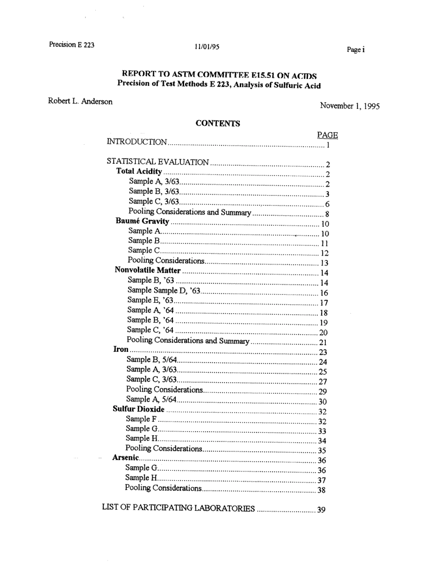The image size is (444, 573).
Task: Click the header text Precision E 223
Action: click(72, 45)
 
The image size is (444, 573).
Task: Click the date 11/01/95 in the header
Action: click(207, 47)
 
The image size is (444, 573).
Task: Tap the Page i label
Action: click(355, 49)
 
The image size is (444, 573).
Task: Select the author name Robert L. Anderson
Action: click(80, 101)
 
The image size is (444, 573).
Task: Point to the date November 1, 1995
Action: click(350, 106)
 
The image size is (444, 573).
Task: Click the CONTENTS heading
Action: click(218, 124)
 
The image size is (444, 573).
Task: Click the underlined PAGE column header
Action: click(327, 135)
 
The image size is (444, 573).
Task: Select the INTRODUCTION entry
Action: click(137, 142)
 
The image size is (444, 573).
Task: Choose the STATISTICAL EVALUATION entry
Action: click(158, 162)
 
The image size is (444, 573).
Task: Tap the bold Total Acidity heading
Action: click(139, 172)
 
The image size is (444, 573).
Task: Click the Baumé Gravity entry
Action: click(142, 221)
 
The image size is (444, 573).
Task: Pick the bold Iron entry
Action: click(121, 349)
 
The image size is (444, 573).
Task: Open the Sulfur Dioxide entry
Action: click(139, 409)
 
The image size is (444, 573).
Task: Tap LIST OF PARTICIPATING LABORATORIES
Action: click(178, 508)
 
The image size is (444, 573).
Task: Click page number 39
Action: click(321, 510)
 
